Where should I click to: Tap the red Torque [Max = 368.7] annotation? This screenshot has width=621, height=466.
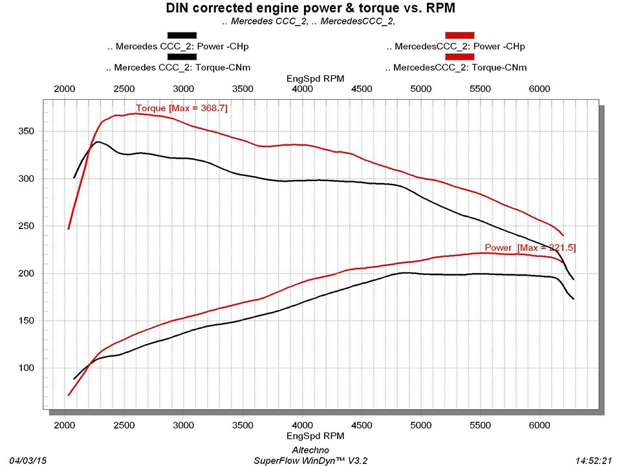(x=182, y=107)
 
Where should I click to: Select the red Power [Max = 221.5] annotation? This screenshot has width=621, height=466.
(x=530, y=247)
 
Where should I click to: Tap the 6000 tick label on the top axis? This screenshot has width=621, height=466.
(x=539, y=89)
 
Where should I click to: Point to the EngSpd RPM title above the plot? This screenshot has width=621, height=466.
(x=315, y=78)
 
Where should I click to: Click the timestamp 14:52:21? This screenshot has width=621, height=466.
(x=593, y=460)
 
